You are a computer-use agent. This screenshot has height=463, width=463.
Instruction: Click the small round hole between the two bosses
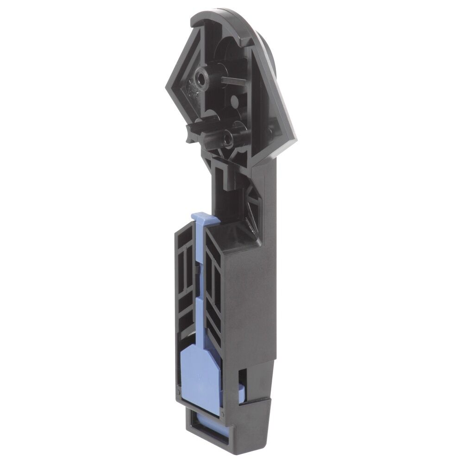point(234,100)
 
